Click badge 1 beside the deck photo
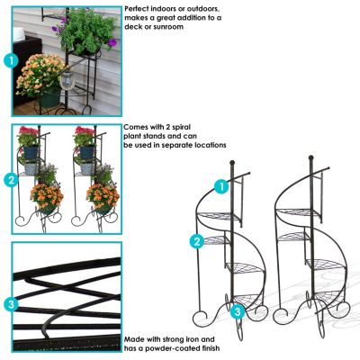pos(11,60)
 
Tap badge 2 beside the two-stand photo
pos(11,180)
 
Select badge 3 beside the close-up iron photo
pos(11,304)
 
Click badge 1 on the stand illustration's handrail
pos(220,186)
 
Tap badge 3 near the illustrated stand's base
pos(237,311)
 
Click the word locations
pos(206,145)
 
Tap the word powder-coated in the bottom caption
pos(169,348)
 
